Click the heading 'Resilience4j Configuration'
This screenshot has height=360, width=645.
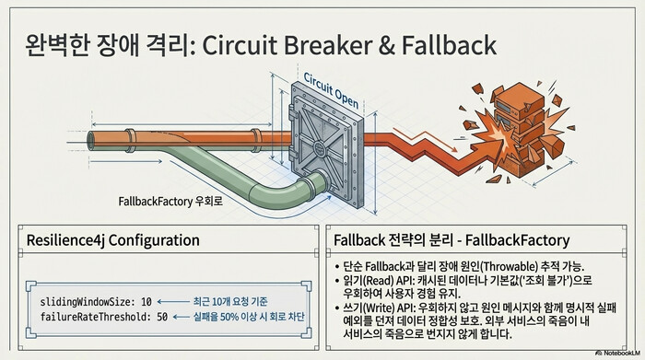(x=112, y=241)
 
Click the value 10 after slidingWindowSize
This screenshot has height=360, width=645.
(x=159, y=301)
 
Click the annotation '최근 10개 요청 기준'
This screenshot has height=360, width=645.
(x=229, y=301)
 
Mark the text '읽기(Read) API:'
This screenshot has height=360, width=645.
(x=381, y=280)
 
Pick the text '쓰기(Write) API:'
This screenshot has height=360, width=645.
(x=382, y=308)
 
